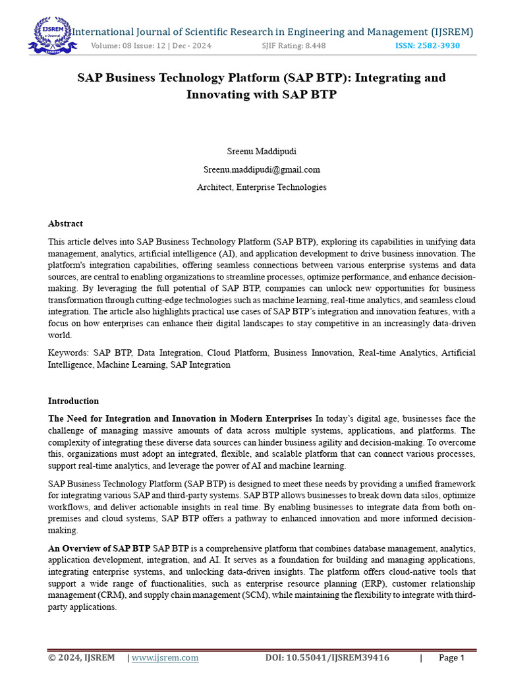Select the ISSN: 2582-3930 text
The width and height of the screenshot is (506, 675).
click(x=427, y=45)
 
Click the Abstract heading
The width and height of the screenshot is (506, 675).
click(x=65, y=223)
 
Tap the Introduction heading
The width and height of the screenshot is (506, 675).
click(x=73, y=401)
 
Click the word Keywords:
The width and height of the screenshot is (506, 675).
click(x=69, y=353)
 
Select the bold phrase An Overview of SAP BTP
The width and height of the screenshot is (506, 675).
click(x=99, y=548)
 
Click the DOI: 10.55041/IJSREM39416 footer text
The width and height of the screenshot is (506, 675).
click(x=327, y=657)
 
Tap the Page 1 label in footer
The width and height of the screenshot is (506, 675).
click(x=452, y=657)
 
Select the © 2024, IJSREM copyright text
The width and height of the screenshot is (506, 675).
click(x=81, y=657)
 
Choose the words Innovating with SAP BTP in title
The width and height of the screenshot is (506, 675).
click(x=262, y=94)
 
